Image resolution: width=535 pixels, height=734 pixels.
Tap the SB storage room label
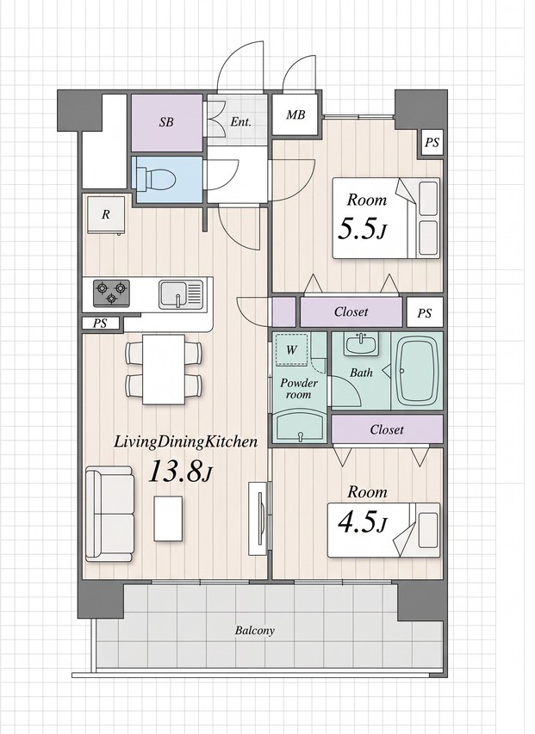(x=166, y=122)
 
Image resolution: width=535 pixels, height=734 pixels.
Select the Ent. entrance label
(x=241, y=122)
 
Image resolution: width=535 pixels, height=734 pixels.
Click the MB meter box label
(x=295, y=114)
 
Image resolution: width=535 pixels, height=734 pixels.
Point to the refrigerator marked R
(x=106, y=215)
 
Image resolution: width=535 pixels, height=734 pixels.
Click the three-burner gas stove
(x=111, y=293)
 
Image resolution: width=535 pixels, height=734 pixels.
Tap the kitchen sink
(x=181, y=294)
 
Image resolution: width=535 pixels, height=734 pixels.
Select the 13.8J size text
(x=181, y=472)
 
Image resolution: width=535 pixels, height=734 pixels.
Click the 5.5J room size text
(x=362, y=229)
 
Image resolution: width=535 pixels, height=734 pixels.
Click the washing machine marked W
(x=291, y=349)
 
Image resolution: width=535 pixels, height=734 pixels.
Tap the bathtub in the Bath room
(x=418, y=371)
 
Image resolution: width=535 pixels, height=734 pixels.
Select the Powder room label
(x=299, y=389)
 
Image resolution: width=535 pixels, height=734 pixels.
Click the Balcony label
(x=255, y=630)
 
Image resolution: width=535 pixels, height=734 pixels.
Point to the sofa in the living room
(x=109, y=514)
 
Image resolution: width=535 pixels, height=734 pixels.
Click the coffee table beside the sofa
(x=168, y=519)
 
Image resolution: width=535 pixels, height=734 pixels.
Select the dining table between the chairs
(x=164, y=369)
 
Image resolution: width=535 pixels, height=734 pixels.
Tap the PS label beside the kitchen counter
(x=100, y=323)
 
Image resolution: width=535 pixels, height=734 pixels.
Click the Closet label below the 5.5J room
(x=351, y=311)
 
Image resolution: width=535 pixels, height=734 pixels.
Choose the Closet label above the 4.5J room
(x=387, y=429)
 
